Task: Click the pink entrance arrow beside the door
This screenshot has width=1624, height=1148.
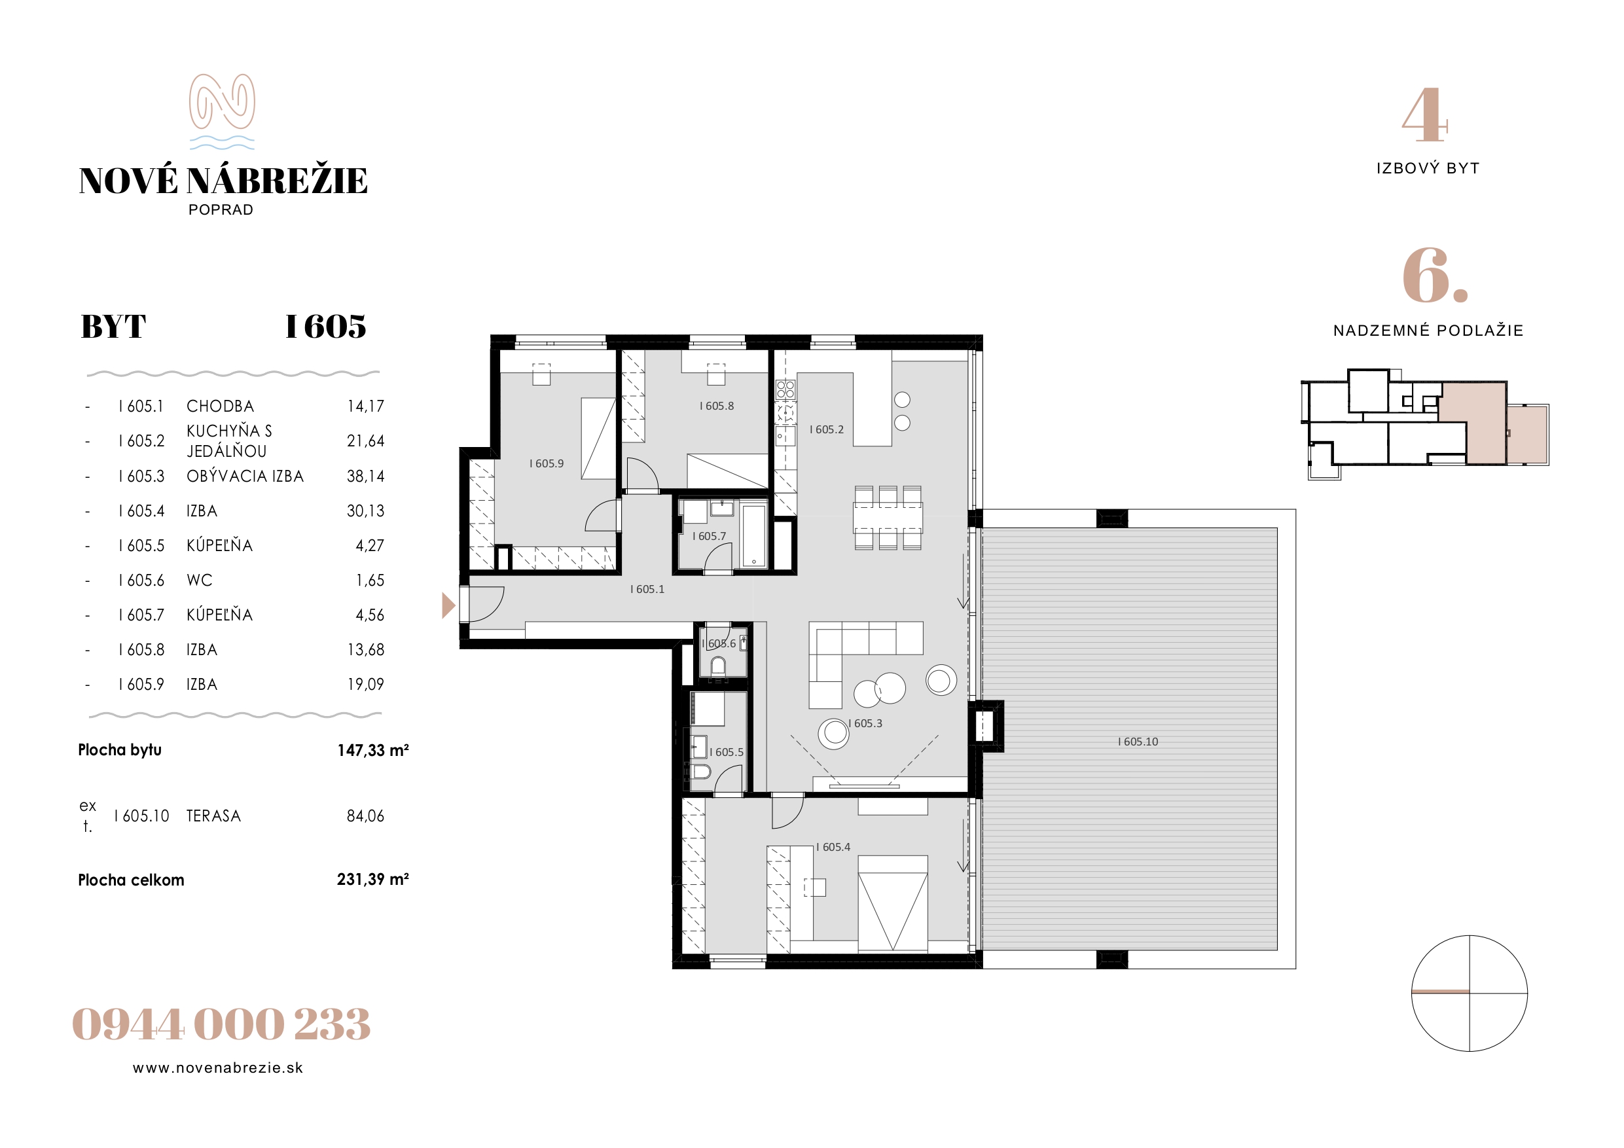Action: pos(448,605)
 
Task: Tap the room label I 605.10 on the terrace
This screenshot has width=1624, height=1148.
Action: pos(1138,742)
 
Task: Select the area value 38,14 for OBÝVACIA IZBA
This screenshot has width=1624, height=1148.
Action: pos(366,476)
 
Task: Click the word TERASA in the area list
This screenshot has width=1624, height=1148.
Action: pos(213,816)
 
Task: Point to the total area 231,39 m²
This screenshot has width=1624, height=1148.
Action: pos(372,879)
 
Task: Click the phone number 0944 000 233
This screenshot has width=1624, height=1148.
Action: pos(221,1024)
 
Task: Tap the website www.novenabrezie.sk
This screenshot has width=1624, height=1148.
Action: pos(218,1068)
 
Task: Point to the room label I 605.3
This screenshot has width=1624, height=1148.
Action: pos(865,724)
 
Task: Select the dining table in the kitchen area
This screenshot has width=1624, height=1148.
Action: pos(888,517)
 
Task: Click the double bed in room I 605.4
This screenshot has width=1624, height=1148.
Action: pos(893,903)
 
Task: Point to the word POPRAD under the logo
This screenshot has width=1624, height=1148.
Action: pos(221,209)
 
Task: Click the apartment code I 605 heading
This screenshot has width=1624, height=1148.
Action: pos(325,326)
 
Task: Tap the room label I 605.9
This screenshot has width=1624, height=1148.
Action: pos(547,463)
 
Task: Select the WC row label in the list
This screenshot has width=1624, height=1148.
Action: pos(200,580)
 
